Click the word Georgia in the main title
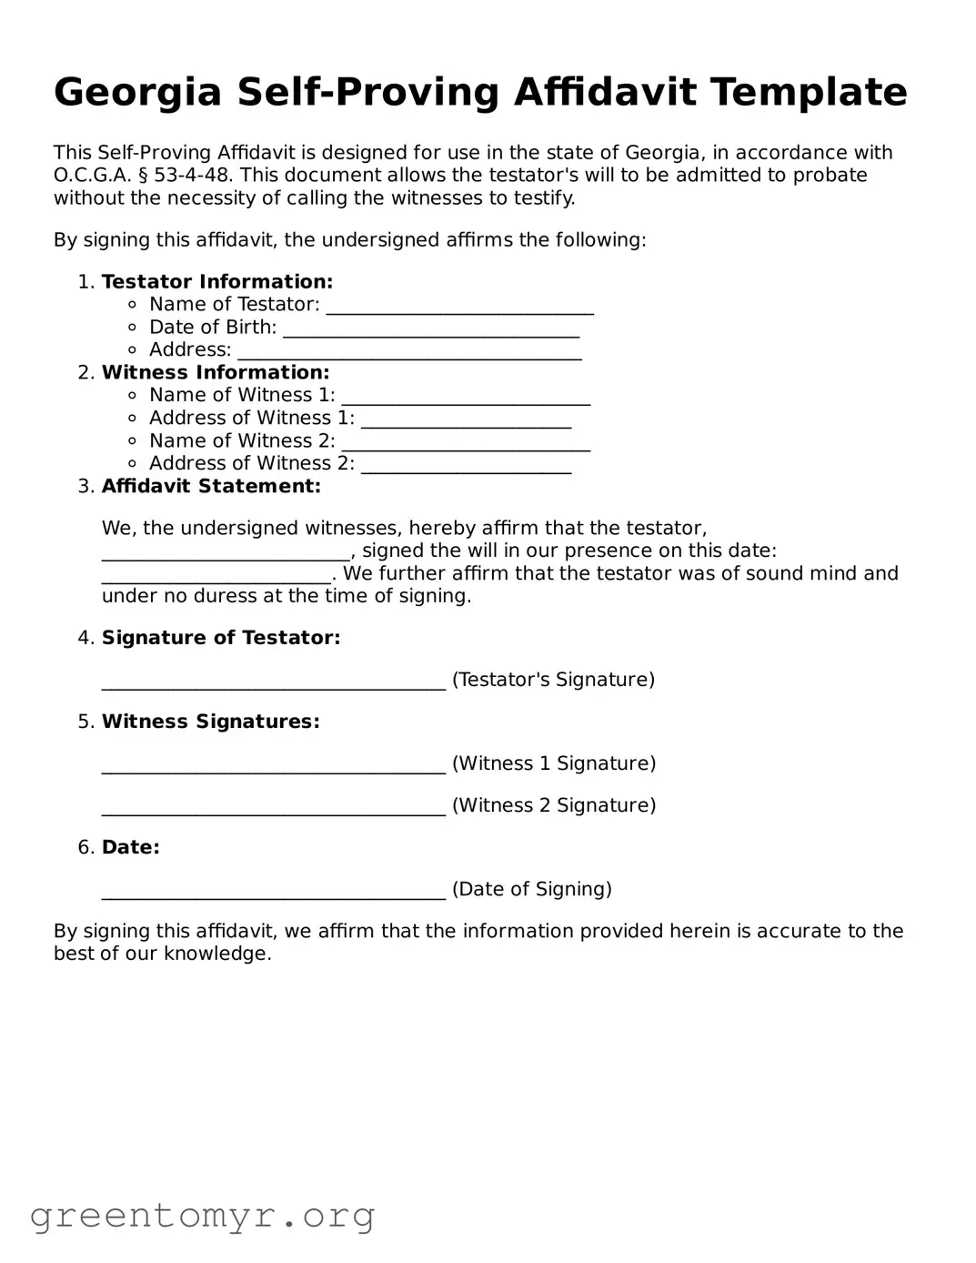tap(137, 93)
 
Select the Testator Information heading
tap(216, 282)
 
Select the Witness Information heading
tap(215, 372)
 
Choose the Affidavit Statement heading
tap(211, 486)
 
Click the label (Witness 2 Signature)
tap(553, 805)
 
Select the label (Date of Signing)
tap(531, 889)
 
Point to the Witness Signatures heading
tap(210, 722)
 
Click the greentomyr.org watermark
tap(202, 1216)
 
